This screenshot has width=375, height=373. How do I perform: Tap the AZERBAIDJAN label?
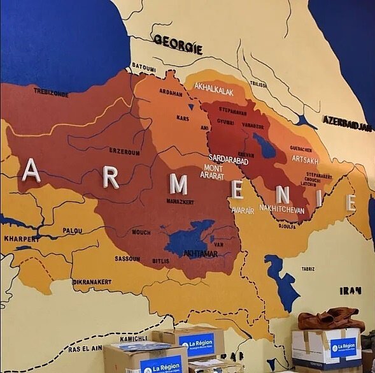(x=346, y=122)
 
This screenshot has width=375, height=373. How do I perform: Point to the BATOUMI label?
(x=143, y=66)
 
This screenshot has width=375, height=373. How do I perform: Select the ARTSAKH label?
(x=305, y=160)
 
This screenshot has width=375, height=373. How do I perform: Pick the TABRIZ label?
(x=308, y=269)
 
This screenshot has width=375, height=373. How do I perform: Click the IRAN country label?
(x=350, y=291)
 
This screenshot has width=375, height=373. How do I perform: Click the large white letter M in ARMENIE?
(x=179, y=184)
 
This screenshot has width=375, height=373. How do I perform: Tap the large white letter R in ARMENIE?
(x=111, y=177)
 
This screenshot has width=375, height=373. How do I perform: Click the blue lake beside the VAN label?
(x=190, y=238)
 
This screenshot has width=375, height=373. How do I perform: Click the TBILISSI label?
(x=258, y=84)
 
